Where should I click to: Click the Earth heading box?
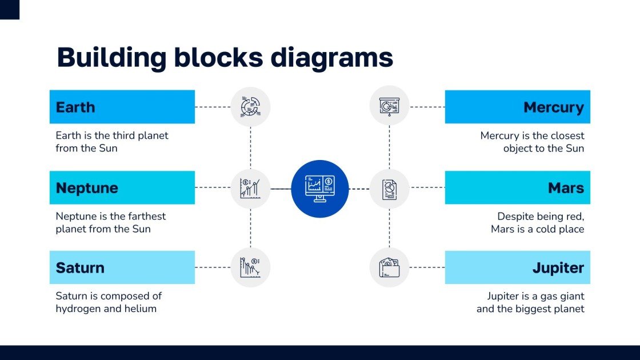[122, 107]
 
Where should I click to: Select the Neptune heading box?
[122, 187]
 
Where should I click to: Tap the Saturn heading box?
[122, 267]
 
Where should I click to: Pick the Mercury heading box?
[517, 107]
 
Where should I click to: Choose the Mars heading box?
[517, 187]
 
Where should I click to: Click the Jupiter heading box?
[517, 267]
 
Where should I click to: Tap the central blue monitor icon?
[320, 189]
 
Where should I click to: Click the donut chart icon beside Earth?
[250, 107]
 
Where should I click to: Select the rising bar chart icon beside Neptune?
[250, 188]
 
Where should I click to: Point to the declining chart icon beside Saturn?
[250, 267]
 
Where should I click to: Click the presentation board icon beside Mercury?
[389, 107]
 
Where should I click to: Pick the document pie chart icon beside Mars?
[389, 188]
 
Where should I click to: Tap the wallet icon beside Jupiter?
[389, 267]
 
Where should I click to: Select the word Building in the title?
[111, 58]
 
